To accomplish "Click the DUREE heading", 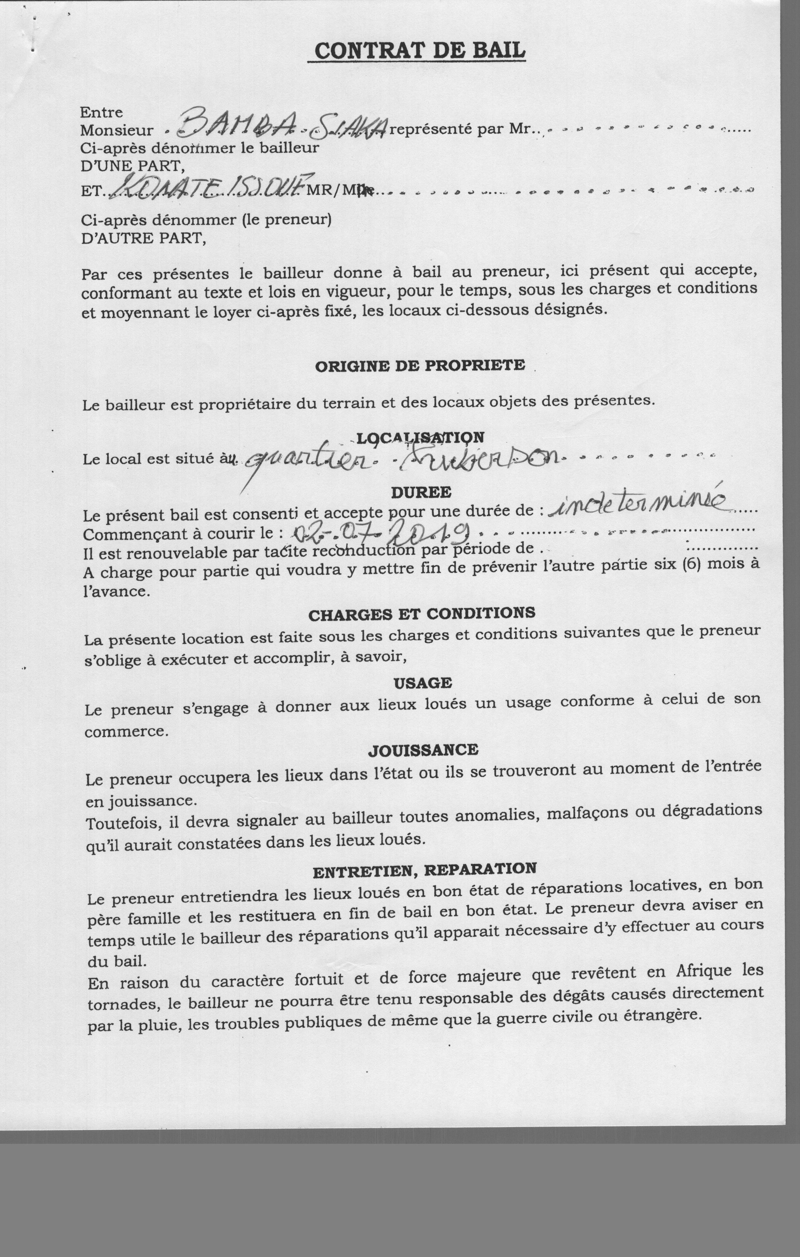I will [421, 492].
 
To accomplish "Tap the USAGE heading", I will [423, 683].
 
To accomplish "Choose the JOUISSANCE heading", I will [423, 750].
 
